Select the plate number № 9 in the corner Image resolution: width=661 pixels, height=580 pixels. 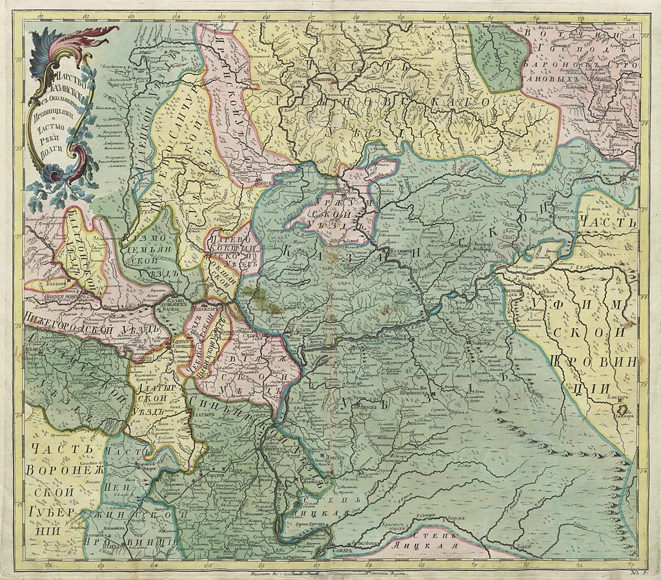pyautogui.click(x=636, y=566)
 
